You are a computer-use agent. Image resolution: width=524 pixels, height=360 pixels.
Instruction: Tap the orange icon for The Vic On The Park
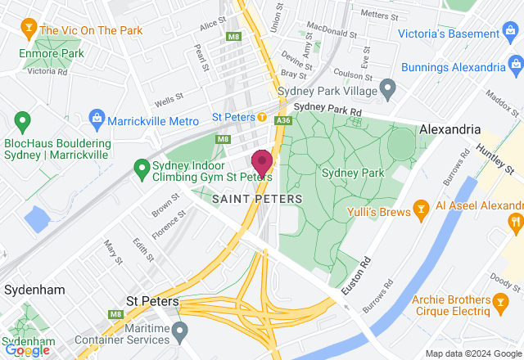point(29,30)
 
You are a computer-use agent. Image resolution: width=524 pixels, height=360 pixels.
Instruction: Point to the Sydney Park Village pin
point(388,87)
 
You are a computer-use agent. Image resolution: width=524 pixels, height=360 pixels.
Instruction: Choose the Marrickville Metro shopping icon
point(97,120)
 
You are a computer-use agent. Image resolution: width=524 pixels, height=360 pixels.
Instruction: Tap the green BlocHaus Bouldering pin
point(22,122)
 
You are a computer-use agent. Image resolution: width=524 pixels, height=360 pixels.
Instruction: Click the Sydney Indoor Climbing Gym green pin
point(141,166)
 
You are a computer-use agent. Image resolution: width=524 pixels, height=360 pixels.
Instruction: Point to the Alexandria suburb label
point(449,129)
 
